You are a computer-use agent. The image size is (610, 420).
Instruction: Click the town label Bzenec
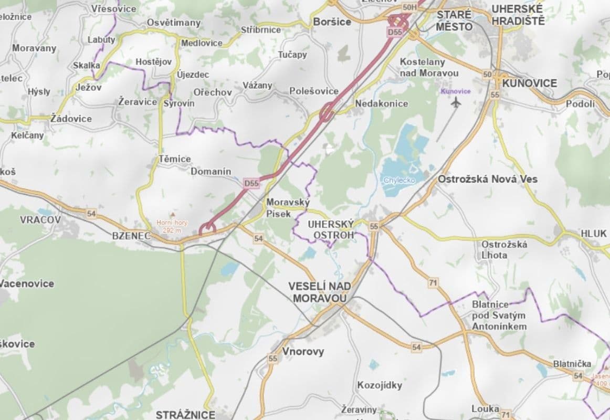coord(131,236)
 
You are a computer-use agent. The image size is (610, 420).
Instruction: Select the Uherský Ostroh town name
coord(331,229)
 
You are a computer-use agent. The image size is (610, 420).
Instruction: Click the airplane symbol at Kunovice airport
coord(455,102)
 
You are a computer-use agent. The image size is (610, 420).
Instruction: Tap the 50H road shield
coord(409,7)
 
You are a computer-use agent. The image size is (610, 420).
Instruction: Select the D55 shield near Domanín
coord(251,183)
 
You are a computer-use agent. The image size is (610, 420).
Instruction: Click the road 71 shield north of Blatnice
coord(433,283)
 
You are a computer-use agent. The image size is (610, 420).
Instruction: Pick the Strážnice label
coord(185,415)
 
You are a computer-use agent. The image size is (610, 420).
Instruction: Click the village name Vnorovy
coord(303,351)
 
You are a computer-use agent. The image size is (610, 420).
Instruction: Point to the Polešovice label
coord(314,91)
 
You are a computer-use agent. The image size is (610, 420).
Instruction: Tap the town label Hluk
coord(593,233)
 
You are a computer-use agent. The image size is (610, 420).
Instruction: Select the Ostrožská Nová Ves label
coord(488,179)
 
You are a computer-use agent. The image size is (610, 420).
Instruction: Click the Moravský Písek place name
coord(288,207)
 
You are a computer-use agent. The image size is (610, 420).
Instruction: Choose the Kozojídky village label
coord(380,385)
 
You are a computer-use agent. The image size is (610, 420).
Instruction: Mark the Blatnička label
coord(572,364)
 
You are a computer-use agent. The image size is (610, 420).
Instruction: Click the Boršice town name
coord(331,22)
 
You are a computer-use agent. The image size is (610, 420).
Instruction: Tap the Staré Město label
coord(454,20)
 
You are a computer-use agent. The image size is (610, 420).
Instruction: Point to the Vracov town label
coord(40,219)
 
